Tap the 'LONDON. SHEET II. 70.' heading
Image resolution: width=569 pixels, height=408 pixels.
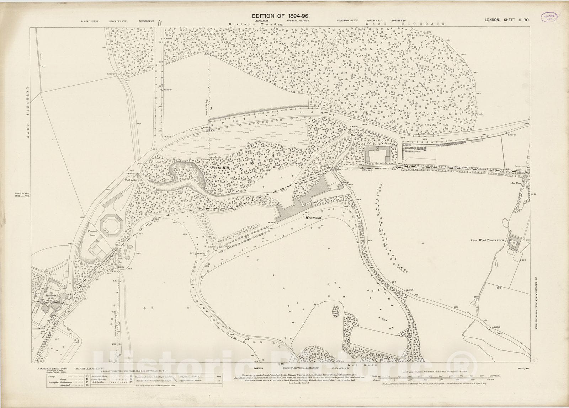coord(507,20)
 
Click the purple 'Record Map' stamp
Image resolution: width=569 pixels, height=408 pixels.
coord(550,17)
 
